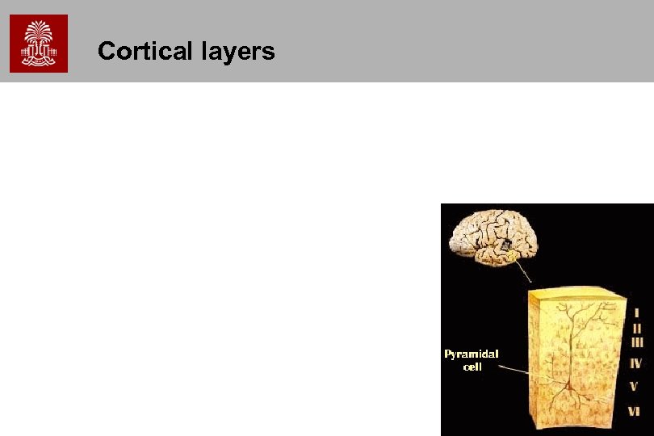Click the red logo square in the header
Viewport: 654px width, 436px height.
point(39,44)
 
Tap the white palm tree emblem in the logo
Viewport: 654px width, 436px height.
point(39,40)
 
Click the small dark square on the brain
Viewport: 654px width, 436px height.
point(505,243)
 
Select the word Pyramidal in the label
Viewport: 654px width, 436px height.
point(472,354)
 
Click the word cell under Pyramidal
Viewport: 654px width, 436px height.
point(472,367)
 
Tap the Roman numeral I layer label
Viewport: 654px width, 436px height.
point(636,312)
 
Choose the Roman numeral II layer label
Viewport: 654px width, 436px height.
point(636,328)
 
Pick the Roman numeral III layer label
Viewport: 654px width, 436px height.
point(636,342)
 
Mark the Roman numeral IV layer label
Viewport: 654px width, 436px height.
point(636,363)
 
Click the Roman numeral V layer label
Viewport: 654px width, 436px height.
point(635,386)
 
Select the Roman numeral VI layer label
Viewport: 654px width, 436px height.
point(635,411)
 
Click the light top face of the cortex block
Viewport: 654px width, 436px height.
point(576,294)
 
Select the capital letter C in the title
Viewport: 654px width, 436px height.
point(106,52)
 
